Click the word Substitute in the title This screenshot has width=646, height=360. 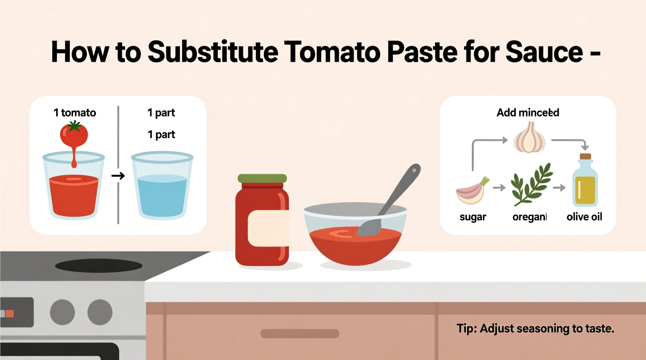pyautogui.click(x=213, y=52)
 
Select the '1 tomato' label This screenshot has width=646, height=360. pyautogui.click(x=75, y=112)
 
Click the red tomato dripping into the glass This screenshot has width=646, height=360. pyautogui.click(x=74, y=135)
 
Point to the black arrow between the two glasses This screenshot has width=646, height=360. pyautogui.click(x=118, y=176)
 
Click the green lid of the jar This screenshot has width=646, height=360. pyautogui.click(x=262, y=178)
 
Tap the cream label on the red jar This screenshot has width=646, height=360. pyautogui.click(x=268, y=228)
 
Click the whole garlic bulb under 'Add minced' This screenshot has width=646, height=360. pyautogui.click(x=529, y=138)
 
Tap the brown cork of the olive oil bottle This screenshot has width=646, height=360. pyautogui.click(x=585, y=157)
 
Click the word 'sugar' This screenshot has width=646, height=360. pyautogui.click(x=472, y=217)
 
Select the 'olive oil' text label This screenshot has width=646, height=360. pyautogui.click(x=584, y=217)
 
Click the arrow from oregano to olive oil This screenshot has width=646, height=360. pyautogui.click(x=559, y=188)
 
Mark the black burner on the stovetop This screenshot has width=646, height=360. pyautogui.click(x=99, y=266)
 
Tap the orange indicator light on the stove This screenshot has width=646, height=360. pyautogui.click(x=9, y=313)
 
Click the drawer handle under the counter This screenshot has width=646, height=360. pyautogui.click(x=300, y=333)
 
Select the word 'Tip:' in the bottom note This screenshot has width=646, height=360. pyautogui.click(x=467, y=329)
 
